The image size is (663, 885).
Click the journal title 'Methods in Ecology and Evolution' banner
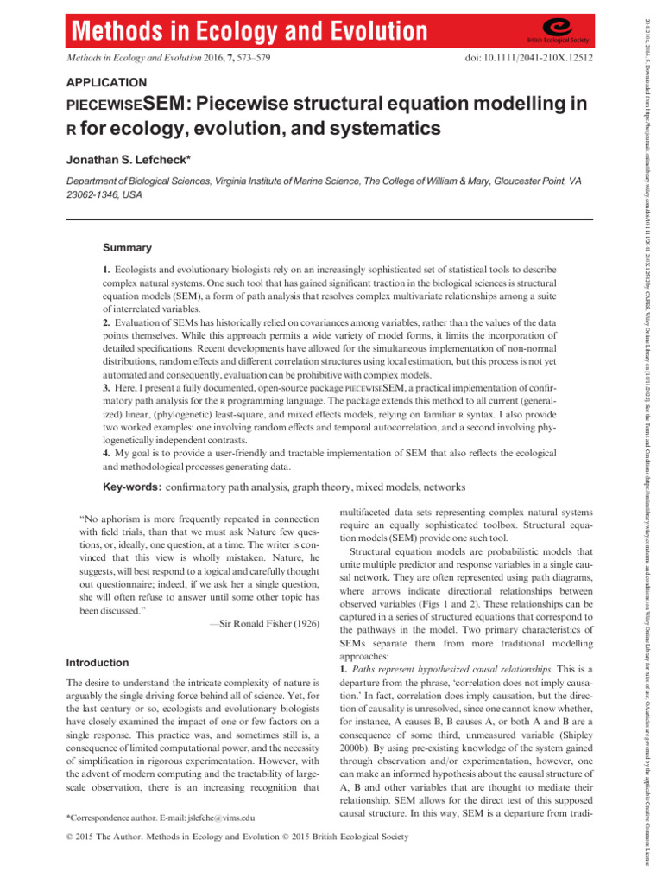pyautogui.click(x=243, y=31)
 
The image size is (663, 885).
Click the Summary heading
pyautogui.click(x=127, y=247)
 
